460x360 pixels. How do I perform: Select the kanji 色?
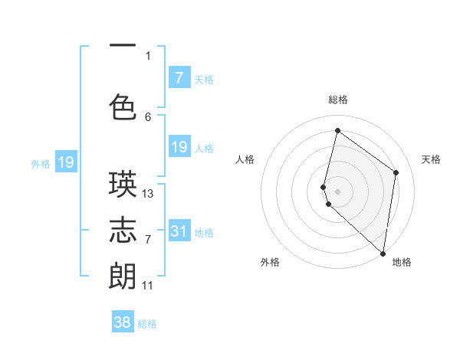(x=123, y=106)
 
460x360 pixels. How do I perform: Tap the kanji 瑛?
(x=123, y=184)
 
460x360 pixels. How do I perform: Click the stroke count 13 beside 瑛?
(x=148, y=194)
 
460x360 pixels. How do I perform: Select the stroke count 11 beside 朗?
(x=147, y=286)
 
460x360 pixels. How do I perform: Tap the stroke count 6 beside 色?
(x=148, y=116)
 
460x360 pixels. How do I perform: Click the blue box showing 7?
(x=179, y=77)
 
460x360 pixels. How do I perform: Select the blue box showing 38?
(x=123, y=322)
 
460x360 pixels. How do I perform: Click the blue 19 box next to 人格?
(x=179, y=147)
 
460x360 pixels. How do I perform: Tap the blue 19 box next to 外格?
(x=66, y=162)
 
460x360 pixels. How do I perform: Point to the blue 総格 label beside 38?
(x=147, y=324)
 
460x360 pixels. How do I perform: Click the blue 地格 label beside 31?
(x=205, y=233)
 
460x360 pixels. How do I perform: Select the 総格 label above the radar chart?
(x=338, y=100)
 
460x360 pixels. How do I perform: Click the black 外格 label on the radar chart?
(x=270, y=263)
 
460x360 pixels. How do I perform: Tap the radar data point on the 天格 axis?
(x=396, y=172)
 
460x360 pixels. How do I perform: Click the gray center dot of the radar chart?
(x=338, y=191)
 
